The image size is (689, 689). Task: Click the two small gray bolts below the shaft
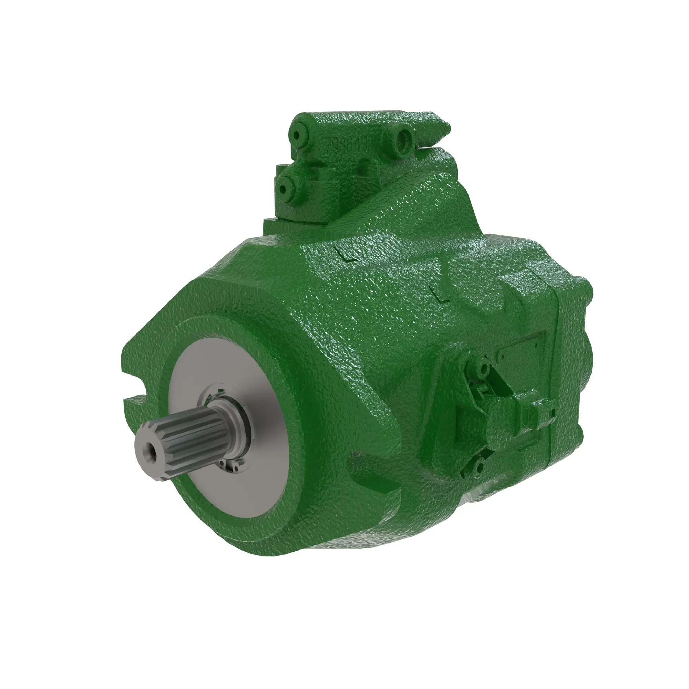click(x=228, y=465)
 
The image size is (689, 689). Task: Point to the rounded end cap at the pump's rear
click(x=585, y=342)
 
